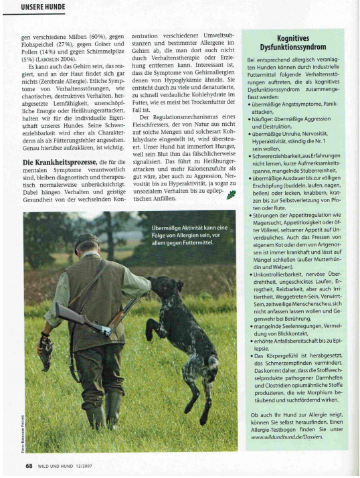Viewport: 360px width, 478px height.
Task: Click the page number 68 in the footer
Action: pos(29,466)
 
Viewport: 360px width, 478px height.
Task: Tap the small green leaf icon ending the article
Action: pos(232,195)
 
